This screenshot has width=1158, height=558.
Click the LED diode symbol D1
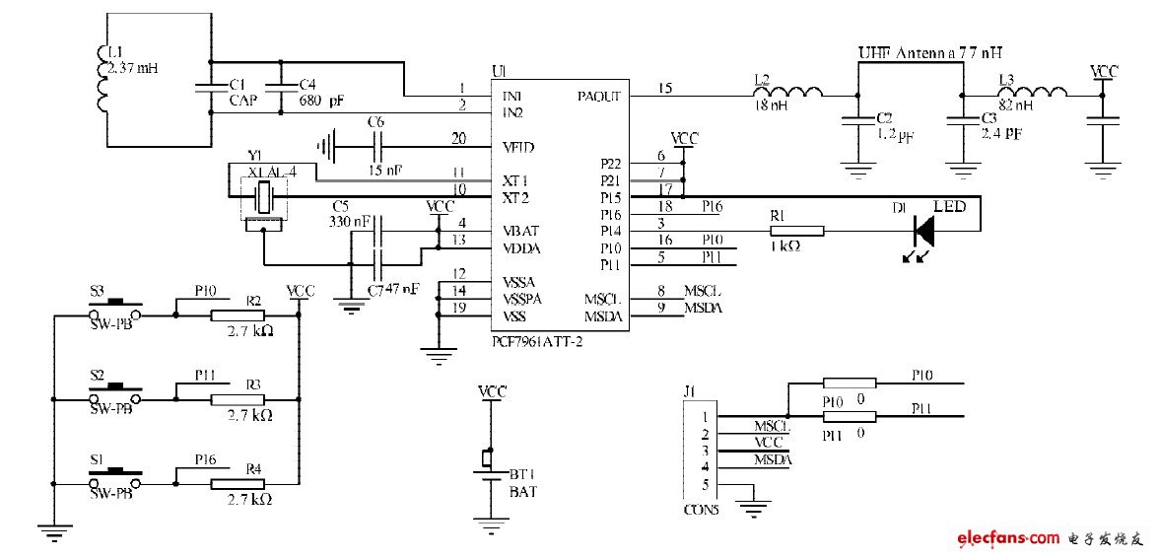click(x=923, y=231)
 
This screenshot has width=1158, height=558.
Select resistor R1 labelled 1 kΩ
click(x=797, y=231)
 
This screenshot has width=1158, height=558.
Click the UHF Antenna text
click(x=935, y=52)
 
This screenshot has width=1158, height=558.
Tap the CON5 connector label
click(x=701, y=511)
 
